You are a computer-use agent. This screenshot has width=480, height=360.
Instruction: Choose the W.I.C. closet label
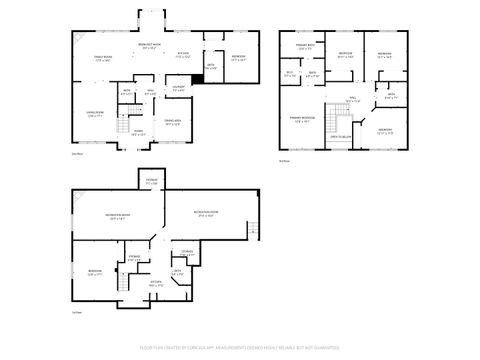tap(290, 74)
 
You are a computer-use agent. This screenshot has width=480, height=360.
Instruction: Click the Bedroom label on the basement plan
tap(94, 272)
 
